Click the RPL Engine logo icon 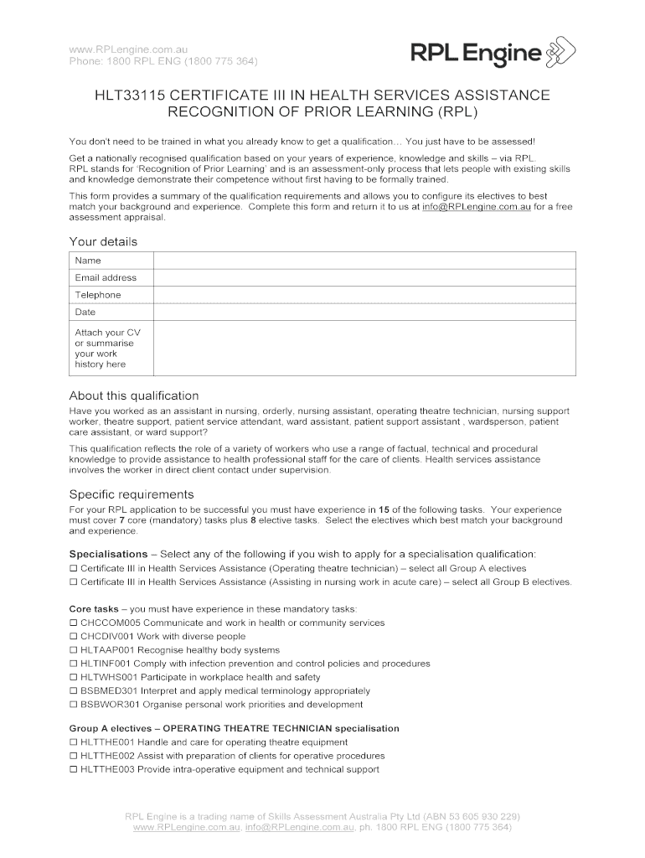click(561, 54)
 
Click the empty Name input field click(364, 261)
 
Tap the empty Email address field click(364, 277)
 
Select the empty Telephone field click(364, 295)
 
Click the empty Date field click(364, 312)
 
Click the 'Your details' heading click(103, 241)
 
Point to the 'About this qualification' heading click(134, 395)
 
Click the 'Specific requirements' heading click(132, 494)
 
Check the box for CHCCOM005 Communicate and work click(73, 623)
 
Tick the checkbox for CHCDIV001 click(73, 637)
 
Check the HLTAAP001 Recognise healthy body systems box click(73, 650)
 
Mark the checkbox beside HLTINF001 click(73, 664)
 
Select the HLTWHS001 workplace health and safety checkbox click(73, 677)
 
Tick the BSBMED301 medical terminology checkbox click(73, 691)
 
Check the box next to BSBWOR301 click(73, 705)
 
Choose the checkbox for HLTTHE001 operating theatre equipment click(73, 742)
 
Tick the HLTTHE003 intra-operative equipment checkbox click(73, 769)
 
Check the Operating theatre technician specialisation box click(73, 568)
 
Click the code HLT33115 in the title click(128, 96)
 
